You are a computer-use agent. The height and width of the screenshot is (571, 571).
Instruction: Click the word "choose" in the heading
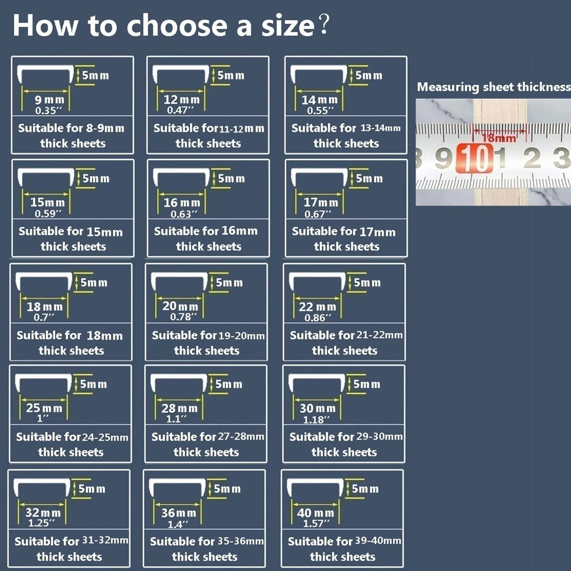177,25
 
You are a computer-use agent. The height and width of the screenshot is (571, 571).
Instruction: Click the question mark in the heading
324,24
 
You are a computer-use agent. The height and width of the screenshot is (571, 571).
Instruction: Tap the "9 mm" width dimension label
50,99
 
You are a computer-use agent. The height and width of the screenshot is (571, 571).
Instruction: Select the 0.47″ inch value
180,110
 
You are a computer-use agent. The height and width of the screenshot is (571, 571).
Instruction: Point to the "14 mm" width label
319,99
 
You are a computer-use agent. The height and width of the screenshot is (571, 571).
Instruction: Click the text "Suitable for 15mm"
71,231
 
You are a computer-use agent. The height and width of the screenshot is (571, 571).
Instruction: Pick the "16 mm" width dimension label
182,202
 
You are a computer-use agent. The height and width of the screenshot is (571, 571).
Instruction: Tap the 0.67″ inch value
318,214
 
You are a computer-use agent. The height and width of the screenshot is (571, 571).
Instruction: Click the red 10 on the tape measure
475,158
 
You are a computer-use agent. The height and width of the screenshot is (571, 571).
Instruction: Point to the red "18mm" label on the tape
499,138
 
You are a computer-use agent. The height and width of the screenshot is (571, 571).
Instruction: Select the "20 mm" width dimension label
180,306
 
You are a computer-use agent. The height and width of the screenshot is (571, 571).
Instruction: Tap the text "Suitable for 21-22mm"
346,335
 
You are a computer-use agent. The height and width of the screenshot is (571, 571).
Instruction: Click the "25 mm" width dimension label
44,408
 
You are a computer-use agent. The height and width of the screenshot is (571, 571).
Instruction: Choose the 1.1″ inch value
176,419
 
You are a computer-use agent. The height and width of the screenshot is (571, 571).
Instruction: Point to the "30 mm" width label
318,408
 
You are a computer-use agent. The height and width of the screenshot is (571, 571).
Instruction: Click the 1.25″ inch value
42,523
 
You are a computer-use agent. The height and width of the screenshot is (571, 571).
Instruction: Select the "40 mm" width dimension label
315,513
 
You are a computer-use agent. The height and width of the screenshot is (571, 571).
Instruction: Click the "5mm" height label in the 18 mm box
94,283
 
